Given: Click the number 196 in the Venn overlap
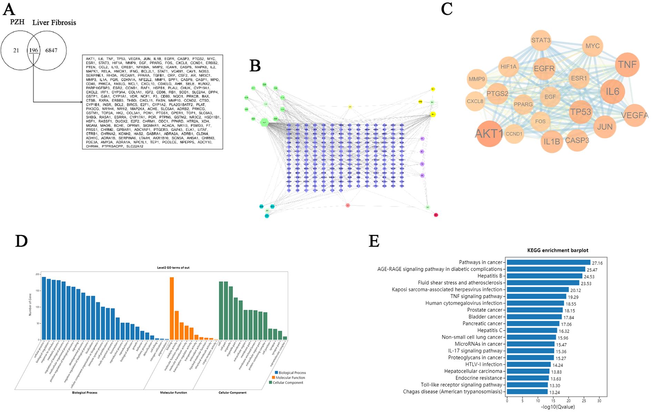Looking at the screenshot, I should (x=33, y=50).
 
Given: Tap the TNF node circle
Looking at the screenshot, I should (x=627, y=65).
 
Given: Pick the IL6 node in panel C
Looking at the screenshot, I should (x=612, y=92).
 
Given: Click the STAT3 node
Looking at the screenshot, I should (x=541, y=40).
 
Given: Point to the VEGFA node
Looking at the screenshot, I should (x=634, y=115).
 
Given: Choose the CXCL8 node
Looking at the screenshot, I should (x=475, y=101).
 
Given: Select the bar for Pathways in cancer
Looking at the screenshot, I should (x=549, y=263).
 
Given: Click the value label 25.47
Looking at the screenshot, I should (x=592, y=270).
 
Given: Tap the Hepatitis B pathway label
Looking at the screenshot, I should (x=490, y=276).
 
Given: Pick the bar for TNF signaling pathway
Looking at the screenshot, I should (x=536, y=297).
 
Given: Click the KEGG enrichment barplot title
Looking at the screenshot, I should (x=557, y=250).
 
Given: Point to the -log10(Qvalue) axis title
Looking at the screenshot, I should (x=558, y=407).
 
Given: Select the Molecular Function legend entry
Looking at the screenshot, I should (x=290, y=378).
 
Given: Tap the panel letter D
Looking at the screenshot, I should (x=21, y=241).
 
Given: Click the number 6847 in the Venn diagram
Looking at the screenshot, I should (x=51, y=50).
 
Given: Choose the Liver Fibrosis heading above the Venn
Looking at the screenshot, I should (x=54, y=23).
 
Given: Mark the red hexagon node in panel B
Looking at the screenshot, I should (x=436, y=215).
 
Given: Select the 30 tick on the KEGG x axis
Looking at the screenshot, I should (x=600, y=401).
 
